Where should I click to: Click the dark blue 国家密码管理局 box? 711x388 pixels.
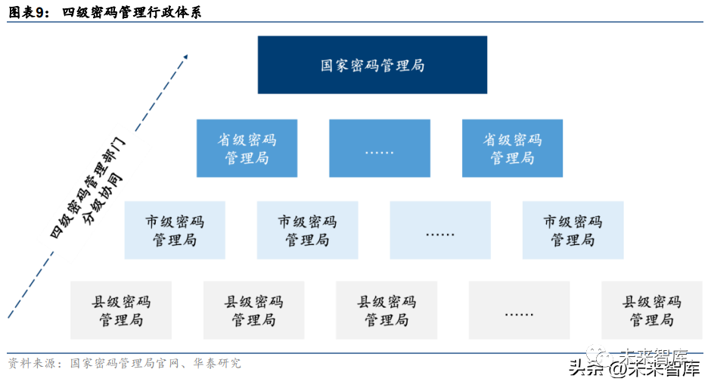(x=372, y=65)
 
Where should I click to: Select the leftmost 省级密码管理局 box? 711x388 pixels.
(x=247, y=148)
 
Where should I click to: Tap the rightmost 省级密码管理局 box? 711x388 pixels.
(x=512, y=148)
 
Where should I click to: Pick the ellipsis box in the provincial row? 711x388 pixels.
(x=379, y=148)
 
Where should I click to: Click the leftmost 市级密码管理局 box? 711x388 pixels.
(x=175, y=230)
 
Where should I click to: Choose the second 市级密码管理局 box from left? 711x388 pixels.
(x=307, y=230)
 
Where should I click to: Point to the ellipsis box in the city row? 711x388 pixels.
(x=439, y=230)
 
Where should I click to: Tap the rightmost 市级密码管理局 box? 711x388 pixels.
(x=573, y=230)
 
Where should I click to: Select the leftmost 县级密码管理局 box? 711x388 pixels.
(x=121, y=310)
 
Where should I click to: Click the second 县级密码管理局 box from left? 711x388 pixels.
(x=253, y=310)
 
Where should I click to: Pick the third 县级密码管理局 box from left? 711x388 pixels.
(x=387, y=310)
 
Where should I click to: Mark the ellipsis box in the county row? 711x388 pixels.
(x=519, y=310)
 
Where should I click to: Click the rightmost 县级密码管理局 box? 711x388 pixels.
(x=651, y=310)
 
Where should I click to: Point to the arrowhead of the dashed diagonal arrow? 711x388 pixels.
(x=184, y=56)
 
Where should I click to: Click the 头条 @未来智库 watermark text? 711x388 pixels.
(x=634, y=370)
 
